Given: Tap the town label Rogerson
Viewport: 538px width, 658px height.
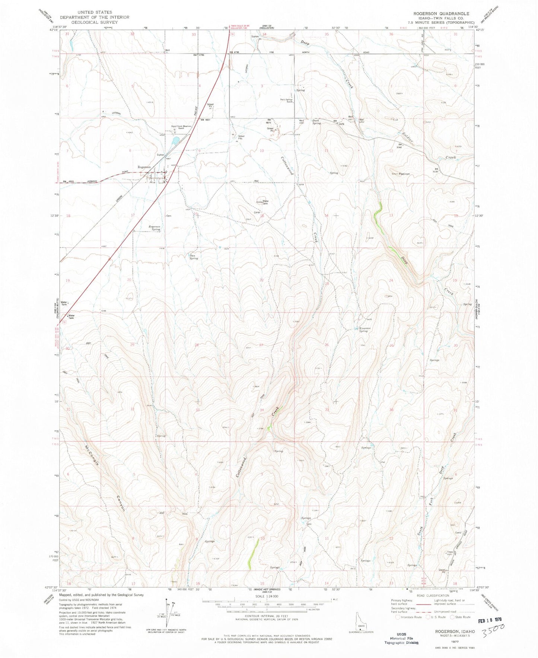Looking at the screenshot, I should tap(144, 167).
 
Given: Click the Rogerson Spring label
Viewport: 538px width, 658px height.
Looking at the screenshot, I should tap(155, 228).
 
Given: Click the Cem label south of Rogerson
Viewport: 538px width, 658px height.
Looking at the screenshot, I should tap(168, 216).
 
